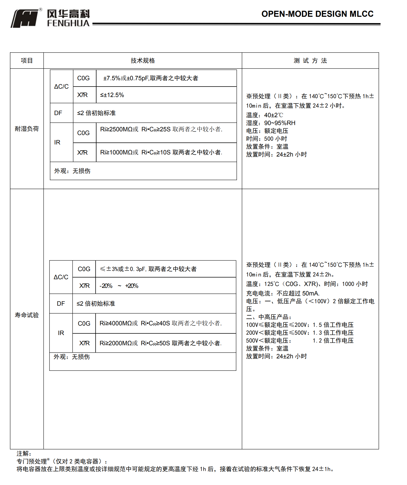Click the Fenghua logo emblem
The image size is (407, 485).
[x=25, y=18]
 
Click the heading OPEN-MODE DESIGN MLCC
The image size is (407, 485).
[x=317, y=14]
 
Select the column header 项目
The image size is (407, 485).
[x=27, y=61]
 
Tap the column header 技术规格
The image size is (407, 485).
[x=143, y=61]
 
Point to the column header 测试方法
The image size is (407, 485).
[x=310, y=61]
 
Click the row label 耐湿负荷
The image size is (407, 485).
[x=27, y=129]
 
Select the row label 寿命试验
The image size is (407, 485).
[x=27, y=315]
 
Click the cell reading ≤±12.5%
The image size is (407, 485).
[x=112, y=95]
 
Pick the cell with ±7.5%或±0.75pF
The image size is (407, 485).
[x=151, y=78]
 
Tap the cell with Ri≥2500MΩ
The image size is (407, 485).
[x=161, y=129]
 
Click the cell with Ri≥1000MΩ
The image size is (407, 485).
[x=161, y=152]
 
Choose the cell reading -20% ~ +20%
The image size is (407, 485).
[x=119, y=286]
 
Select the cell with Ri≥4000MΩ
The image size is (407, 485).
[x=161, y=323]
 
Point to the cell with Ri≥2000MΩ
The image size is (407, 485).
[x=161, y=343]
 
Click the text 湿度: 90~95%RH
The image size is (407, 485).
[x=271, y=123]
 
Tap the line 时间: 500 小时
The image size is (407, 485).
[x=267, y=139]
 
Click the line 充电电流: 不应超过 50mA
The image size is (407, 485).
[x=283, y=293]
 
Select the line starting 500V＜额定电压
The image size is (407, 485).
[x=300, y=341]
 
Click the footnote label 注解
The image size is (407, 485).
[x=24, y=454]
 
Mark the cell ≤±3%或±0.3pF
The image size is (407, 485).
[x=148, y=269]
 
